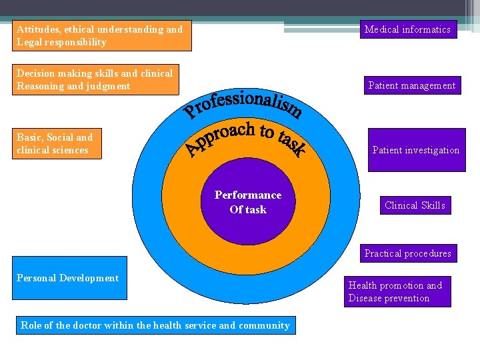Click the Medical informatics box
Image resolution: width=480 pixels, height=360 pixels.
coord(407,29)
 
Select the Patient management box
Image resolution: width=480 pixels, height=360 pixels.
coord(412,85)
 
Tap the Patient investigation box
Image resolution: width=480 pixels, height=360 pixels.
coord(416,150)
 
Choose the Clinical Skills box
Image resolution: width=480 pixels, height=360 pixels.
coord(415,205)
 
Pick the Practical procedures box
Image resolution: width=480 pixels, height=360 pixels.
coord(407,253)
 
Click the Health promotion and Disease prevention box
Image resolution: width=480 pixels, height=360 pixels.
coord(399,291)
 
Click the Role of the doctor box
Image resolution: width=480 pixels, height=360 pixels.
coord(155,325)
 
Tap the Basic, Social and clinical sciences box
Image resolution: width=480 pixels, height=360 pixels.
coord(59,143)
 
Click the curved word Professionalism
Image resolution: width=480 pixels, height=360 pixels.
coord(243,104)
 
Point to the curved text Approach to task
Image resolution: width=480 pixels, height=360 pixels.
coord(247,139)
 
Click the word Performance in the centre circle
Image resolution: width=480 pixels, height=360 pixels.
coord(248,195)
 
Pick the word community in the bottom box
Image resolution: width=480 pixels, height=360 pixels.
coord(264,325)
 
